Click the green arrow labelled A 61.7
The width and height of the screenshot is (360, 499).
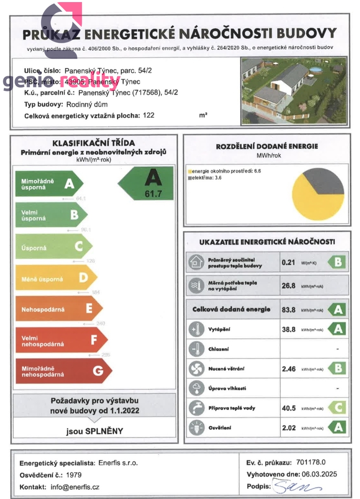148,183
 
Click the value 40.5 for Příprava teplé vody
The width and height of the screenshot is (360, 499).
288,408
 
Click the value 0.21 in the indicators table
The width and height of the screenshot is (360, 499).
288,262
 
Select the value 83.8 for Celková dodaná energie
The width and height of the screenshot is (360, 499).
288,309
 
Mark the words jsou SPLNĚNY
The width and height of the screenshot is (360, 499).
95,431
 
